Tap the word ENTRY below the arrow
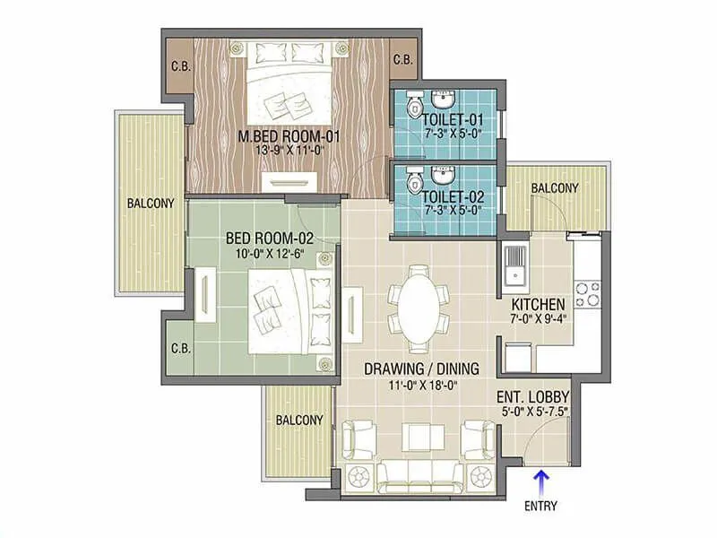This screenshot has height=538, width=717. coord(541,506)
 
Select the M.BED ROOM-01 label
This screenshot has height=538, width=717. coord(280,137)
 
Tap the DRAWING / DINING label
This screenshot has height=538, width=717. coord(420,368)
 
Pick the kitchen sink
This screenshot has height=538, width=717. coord(515,265)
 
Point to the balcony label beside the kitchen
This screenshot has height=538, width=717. coord(553,187)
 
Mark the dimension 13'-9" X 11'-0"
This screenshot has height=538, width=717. coord(280,152)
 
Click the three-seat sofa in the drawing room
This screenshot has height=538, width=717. coord(419,474)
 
